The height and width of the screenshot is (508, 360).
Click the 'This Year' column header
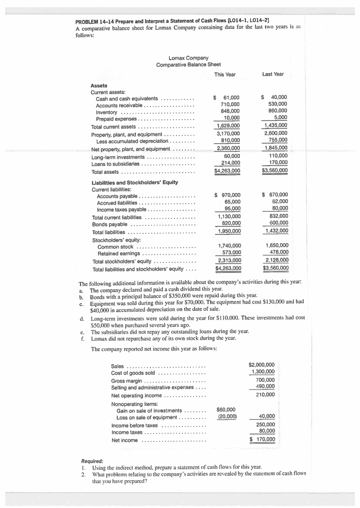tap(225, 74)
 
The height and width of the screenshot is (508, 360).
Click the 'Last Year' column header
tap(273, 74)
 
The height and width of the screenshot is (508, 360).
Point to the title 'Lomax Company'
tap(189, 59)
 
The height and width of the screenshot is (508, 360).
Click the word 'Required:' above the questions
tap(92, 460)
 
